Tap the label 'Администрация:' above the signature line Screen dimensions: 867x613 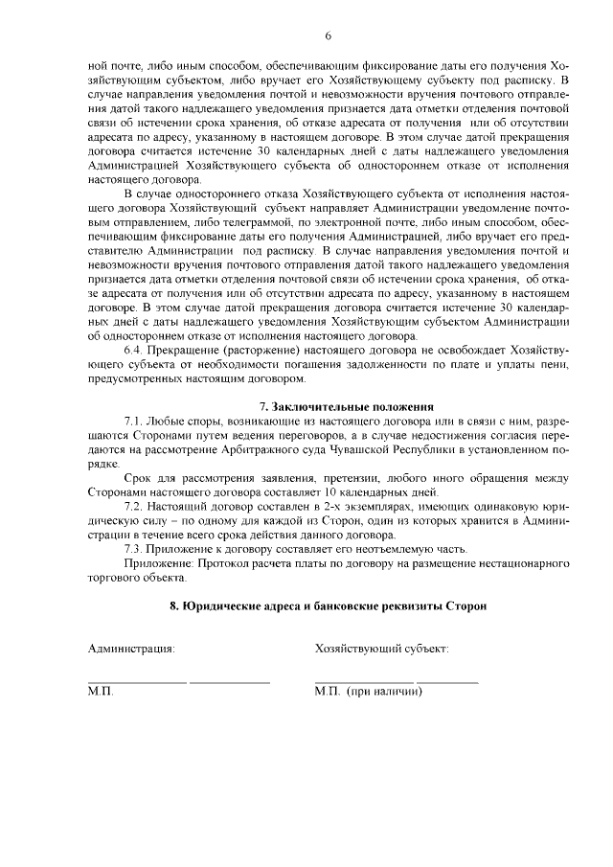(131, 650)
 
